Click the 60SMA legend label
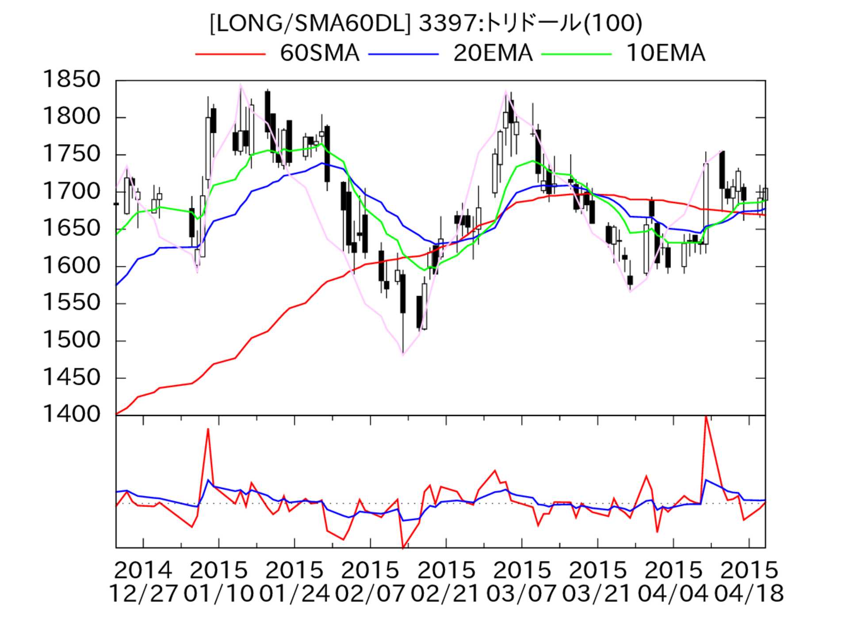pos(319,54)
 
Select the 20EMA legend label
pos(493,54)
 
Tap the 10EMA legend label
pos(665,54)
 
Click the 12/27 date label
pos(143,593)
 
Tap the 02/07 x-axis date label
pos(370,593)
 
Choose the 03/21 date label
pos(597,593)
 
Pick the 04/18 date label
pos(749,593)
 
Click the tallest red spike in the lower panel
pos(706,417)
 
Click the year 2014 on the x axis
pos(143,570)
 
